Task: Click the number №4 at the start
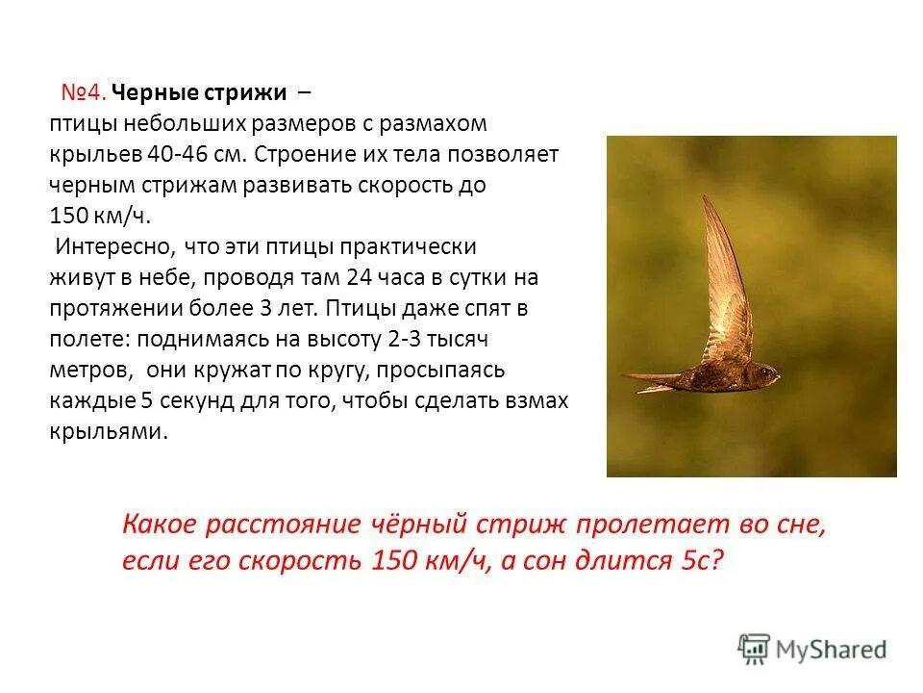click(x=83, y=93)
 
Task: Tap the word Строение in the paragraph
click(x=295, y=155)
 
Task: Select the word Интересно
click(x=112, y=246)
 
